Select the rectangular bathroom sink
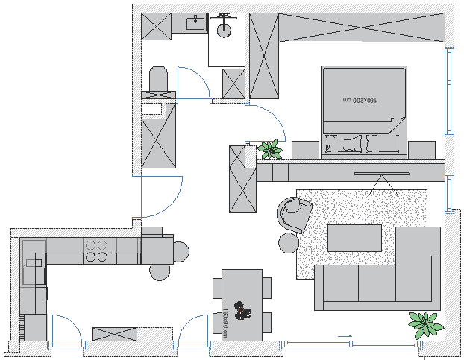point(196,22)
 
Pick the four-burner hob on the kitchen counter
point(96,251)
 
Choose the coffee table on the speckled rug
point(354,238)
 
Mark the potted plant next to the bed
point(269,149)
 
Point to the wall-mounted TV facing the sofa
point(382,174)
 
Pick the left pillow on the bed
point(343,142)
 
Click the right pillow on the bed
point(383,142)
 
